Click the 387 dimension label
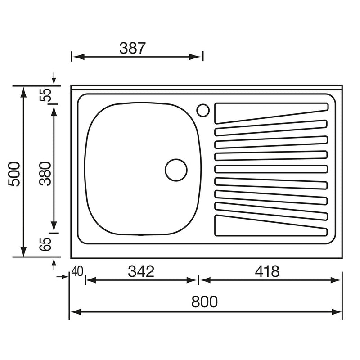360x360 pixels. (133, 48)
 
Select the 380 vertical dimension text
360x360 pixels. (45, 173)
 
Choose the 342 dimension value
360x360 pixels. (141, 271)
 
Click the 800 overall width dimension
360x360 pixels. (205, 301)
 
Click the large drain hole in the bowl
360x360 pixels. (176, 170)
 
